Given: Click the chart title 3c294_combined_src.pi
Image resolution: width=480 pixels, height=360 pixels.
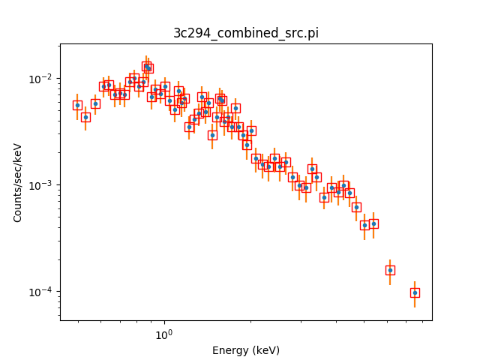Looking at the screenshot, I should pos(246,33).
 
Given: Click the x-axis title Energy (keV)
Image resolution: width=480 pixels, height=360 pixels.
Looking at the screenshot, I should pos(246,350).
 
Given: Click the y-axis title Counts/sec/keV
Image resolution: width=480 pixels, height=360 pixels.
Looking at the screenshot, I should pos(18,182).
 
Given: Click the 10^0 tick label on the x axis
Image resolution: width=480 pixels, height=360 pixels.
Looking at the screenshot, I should pos(163,334).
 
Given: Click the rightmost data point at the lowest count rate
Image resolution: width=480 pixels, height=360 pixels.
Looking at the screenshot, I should pos(415,292).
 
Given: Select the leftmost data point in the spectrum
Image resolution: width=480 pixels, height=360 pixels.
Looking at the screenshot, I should pos(77,105).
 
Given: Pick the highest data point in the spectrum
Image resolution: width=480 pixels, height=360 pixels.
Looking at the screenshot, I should pos(147,66).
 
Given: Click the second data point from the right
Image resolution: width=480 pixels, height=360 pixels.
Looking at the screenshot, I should pos(390,270).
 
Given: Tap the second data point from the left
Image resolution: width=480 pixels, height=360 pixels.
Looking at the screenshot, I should pos(85,117).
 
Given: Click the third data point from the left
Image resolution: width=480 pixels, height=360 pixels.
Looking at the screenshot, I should pos(95,103).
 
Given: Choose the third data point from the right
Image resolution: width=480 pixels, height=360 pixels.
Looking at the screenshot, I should pos(373,223).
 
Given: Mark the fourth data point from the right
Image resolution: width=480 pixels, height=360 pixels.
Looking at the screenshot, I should pos(364,225).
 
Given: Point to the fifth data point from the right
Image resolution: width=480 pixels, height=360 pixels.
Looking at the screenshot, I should pos(356,207).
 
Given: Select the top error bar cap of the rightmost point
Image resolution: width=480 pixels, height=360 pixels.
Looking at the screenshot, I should pos(415,281).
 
